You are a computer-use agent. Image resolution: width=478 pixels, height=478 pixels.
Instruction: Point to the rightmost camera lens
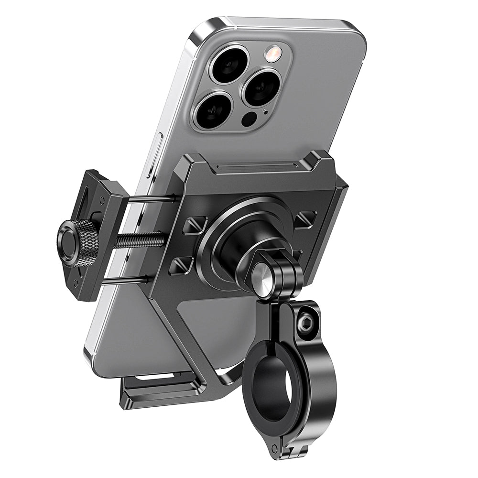coord(261,88)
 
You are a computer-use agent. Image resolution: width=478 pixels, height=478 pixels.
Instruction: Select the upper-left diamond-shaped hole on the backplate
coord(195,225)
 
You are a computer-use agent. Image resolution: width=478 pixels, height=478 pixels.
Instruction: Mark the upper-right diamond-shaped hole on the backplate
coord(305,219)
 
